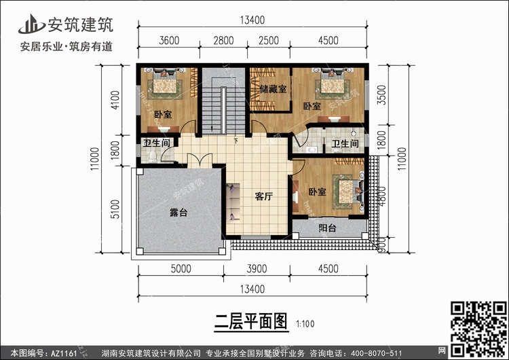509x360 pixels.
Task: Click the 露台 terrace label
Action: coord(178,213)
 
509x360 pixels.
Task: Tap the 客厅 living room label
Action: coord(263,197)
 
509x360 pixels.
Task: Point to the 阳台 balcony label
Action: coord(327,229)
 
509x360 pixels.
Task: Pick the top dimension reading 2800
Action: coord(223,41)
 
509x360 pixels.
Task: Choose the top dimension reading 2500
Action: coord(269,41)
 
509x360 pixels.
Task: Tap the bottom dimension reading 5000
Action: coord(181,269)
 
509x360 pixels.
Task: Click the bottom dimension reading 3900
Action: coord(259,269)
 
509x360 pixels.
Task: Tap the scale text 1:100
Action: coord(305,323)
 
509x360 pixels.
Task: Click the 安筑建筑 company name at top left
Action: coord(79,25)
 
